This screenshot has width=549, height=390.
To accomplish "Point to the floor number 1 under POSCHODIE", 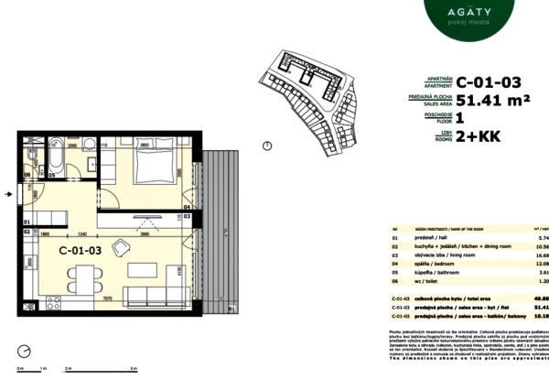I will pyautogui.click(x=460, y=119).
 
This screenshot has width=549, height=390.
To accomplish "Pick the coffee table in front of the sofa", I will pyautogui.click(x=144, y=271).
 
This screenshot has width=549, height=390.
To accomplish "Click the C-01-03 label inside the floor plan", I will pyautogui.click(x=81, y=249).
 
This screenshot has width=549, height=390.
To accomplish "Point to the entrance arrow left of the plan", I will pyautogui.click(x=9, y=194).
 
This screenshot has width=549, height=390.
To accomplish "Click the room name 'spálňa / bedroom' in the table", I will pyautogui.click(x=420, y=263).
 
